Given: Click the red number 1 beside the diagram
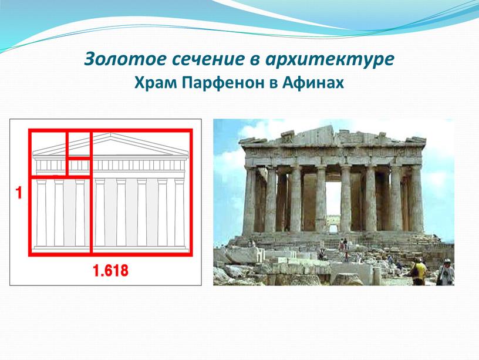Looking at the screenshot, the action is [x=19, y=193].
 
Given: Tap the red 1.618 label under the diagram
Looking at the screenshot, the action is [x=110, y=271].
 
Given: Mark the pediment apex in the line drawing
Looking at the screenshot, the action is [x=112, y=133].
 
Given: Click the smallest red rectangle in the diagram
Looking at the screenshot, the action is [x=79, y=167].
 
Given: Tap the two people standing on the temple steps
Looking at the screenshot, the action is [x=343, y=244].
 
